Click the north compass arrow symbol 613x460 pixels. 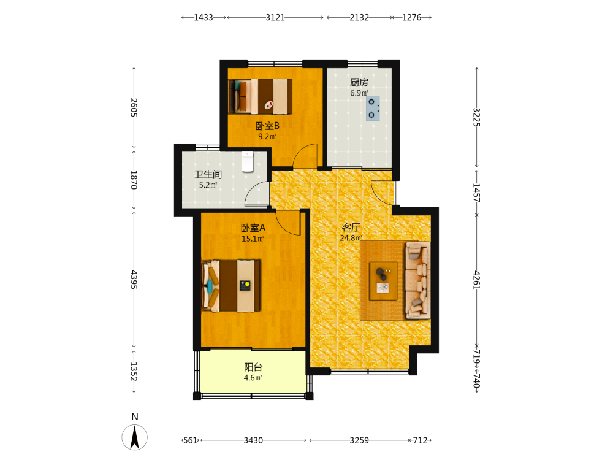click(134, 437)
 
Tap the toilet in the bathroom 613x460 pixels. click(248, 162)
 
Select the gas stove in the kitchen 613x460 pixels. click(373, 108)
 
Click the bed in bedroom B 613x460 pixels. click(261, 97)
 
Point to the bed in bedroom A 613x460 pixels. click(231, 286)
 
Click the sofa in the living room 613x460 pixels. click(418, 280)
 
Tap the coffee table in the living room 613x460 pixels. click(384, 281)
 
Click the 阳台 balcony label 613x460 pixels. click(253, 367)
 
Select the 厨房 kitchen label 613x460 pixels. click(359, 82)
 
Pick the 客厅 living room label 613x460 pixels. click(351, 228)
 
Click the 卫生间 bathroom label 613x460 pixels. click(208, 174)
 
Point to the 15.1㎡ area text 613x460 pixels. click(253, 239)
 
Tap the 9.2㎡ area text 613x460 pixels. click(267, 137)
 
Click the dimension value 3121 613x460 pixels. click(275, 18)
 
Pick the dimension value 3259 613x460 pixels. click(359, 440)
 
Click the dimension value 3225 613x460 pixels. click(476, 117)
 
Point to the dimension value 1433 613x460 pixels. click(204, 18)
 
